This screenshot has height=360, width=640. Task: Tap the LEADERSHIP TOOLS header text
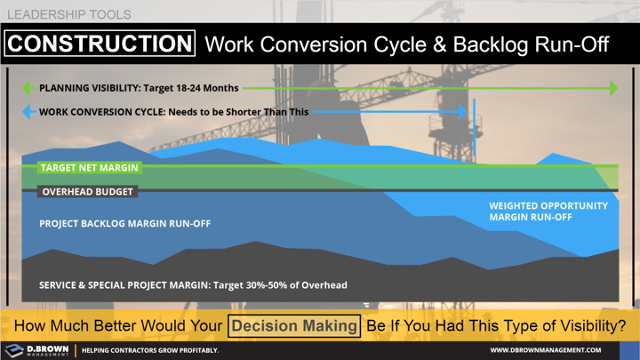[68, 15]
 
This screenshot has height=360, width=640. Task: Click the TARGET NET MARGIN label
[89, 167]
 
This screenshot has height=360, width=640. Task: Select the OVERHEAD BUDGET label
[87, 191]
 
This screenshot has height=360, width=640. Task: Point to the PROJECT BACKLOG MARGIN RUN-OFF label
[124, 223]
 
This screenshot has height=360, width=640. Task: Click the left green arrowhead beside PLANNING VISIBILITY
[28, 89]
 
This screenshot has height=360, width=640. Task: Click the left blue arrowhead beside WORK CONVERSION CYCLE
[28, 112]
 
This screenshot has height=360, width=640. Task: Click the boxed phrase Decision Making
[294, 325]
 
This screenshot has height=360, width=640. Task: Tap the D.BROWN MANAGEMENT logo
[36, 350]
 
